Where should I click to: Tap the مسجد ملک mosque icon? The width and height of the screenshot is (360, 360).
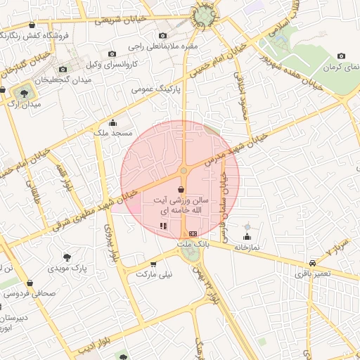point(112,123)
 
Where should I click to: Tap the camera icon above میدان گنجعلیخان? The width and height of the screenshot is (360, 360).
point(63,69)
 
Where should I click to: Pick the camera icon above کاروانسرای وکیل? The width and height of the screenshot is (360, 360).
point(112,54)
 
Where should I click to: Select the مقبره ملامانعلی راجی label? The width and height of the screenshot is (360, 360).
point(163,46)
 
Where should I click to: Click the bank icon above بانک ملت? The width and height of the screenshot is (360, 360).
point(193,233)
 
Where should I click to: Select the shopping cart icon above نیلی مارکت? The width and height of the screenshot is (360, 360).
point(153,264)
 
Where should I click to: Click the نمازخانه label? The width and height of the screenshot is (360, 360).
point(247,247)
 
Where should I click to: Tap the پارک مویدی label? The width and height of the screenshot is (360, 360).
point(67,268)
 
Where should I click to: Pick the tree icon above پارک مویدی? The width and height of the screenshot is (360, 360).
point(67,257)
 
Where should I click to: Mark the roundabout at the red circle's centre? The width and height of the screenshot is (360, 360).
point(184,170)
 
